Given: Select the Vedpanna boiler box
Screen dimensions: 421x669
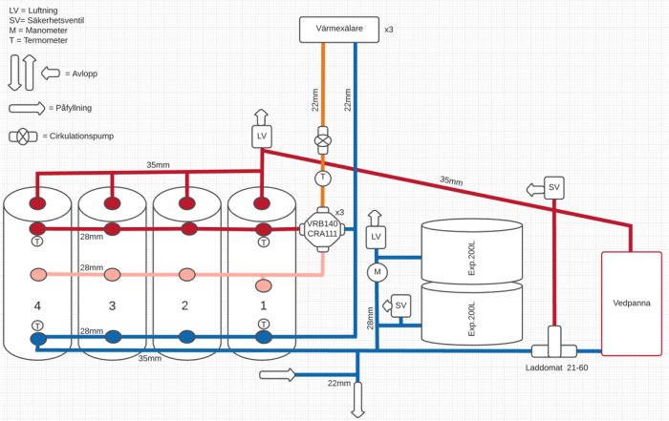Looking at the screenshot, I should pos(630,303).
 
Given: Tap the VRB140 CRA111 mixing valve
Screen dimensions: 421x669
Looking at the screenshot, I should pos(322,230).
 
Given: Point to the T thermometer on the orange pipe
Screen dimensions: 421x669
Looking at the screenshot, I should pos(323,178).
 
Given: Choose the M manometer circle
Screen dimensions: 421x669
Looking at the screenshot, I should pos(378,273).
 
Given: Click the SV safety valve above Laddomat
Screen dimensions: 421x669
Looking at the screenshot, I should pos(554,187).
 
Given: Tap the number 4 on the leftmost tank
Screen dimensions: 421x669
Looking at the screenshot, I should pos(37,305).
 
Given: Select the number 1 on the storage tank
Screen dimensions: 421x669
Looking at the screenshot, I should pos(262,305).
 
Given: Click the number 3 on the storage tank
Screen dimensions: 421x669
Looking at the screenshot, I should pos(112,305).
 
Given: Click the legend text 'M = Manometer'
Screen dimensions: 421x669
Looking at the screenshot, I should pos(39,30).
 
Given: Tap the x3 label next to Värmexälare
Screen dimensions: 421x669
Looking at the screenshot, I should pos(389,30).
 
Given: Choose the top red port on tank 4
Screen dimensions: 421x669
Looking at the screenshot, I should pos(37,203).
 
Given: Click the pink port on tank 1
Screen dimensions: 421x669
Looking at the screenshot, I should pos(262,284).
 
